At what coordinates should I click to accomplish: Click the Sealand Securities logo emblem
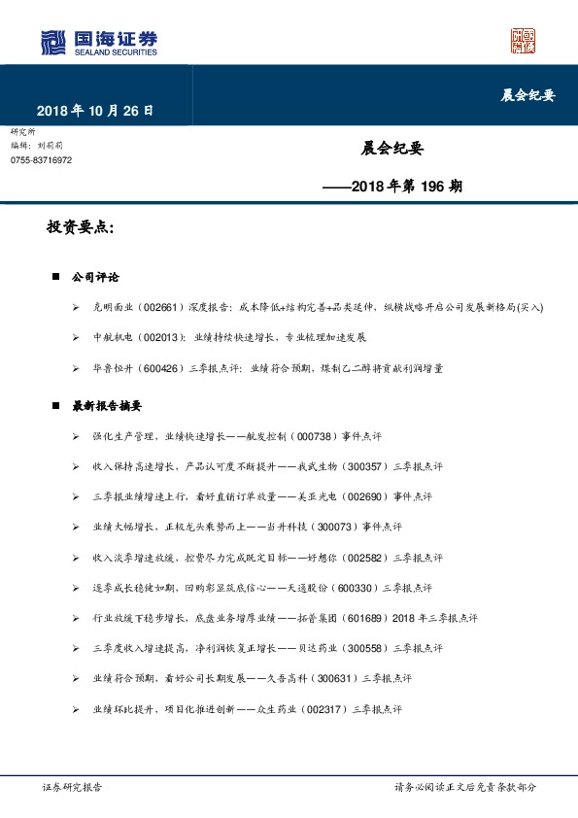(53, 44)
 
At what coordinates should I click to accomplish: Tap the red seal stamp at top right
(524, 41)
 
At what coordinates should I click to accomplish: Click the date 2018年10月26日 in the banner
(95, 111)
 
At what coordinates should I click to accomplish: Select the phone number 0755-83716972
(41, 159)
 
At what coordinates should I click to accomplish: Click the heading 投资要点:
(81, 228)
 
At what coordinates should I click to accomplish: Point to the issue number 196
(433, 184)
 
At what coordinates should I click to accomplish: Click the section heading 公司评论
(95, 277)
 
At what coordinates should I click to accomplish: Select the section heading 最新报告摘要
(108, 405)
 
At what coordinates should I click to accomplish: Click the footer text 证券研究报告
(68, 788)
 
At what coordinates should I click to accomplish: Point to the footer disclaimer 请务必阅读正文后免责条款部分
(464, 788)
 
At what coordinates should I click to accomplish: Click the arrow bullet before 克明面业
(76, 308)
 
